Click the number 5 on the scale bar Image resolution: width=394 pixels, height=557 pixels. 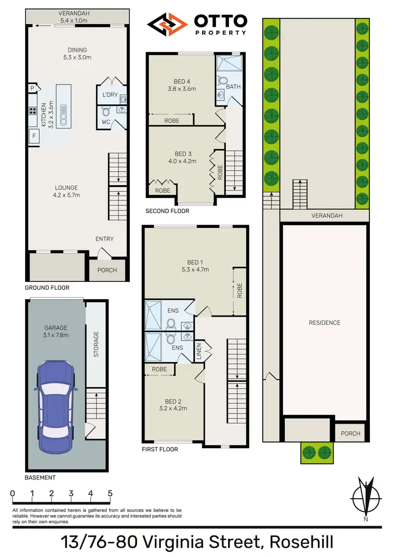(110, 493)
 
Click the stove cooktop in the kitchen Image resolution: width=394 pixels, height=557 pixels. (32, 110)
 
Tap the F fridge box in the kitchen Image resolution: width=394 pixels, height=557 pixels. (34, 136)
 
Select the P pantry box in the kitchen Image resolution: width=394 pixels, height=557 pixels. (32, 88)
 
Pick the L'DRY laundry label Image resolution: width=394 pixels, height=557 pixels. (110, 94)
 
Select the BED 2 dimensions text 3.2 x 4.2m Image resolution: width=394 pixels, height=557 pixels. (173, 408)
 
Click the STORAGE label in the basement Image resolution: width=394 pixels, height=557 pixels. (96, 344)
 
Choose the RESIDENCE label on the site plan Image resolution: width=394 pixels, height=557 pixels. (324, 323)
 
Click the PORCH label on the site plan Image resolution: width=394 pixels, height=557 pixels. (350, 433)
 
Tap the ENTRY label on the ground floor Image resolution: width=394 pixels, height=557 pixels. (105, 239)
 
